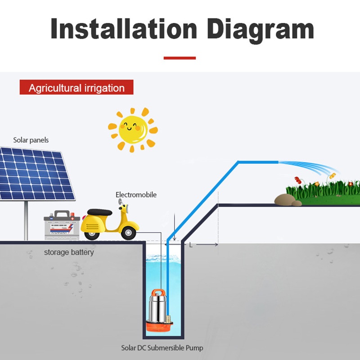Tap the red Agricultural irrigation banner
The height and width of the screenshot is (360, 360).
pos(76,87)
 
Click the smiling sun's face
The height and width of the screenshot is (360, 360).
pos(133,129)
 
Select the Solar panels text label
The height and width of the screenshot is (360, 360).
pos(31,140)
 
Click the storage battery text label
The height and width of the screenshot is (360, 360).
pos(69,252)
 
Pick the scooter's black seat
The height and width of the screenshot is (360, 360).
pos(99,212)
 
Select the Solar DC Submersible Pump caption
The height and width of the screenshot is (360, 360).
pos(162,348)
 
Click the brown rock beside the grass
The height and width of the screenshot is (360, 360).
pos(283,200)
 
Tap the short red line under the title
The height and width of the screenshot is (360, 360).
pos(180,58)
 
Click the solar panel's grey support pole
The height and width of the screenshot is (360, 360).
pos(26,220)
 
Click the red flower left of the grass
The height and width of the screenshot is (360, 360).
pos(297,180)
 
